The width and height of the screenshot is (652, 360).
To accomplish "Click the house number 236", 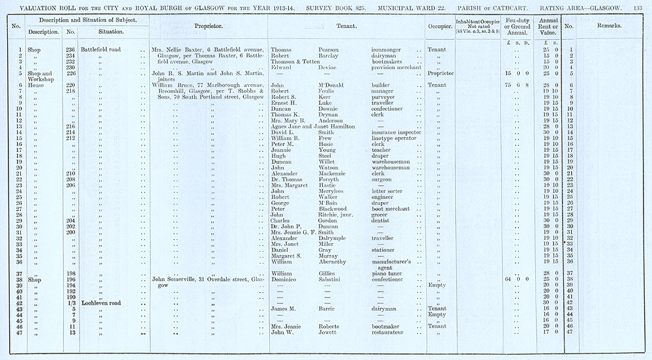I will pos(71,50).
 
